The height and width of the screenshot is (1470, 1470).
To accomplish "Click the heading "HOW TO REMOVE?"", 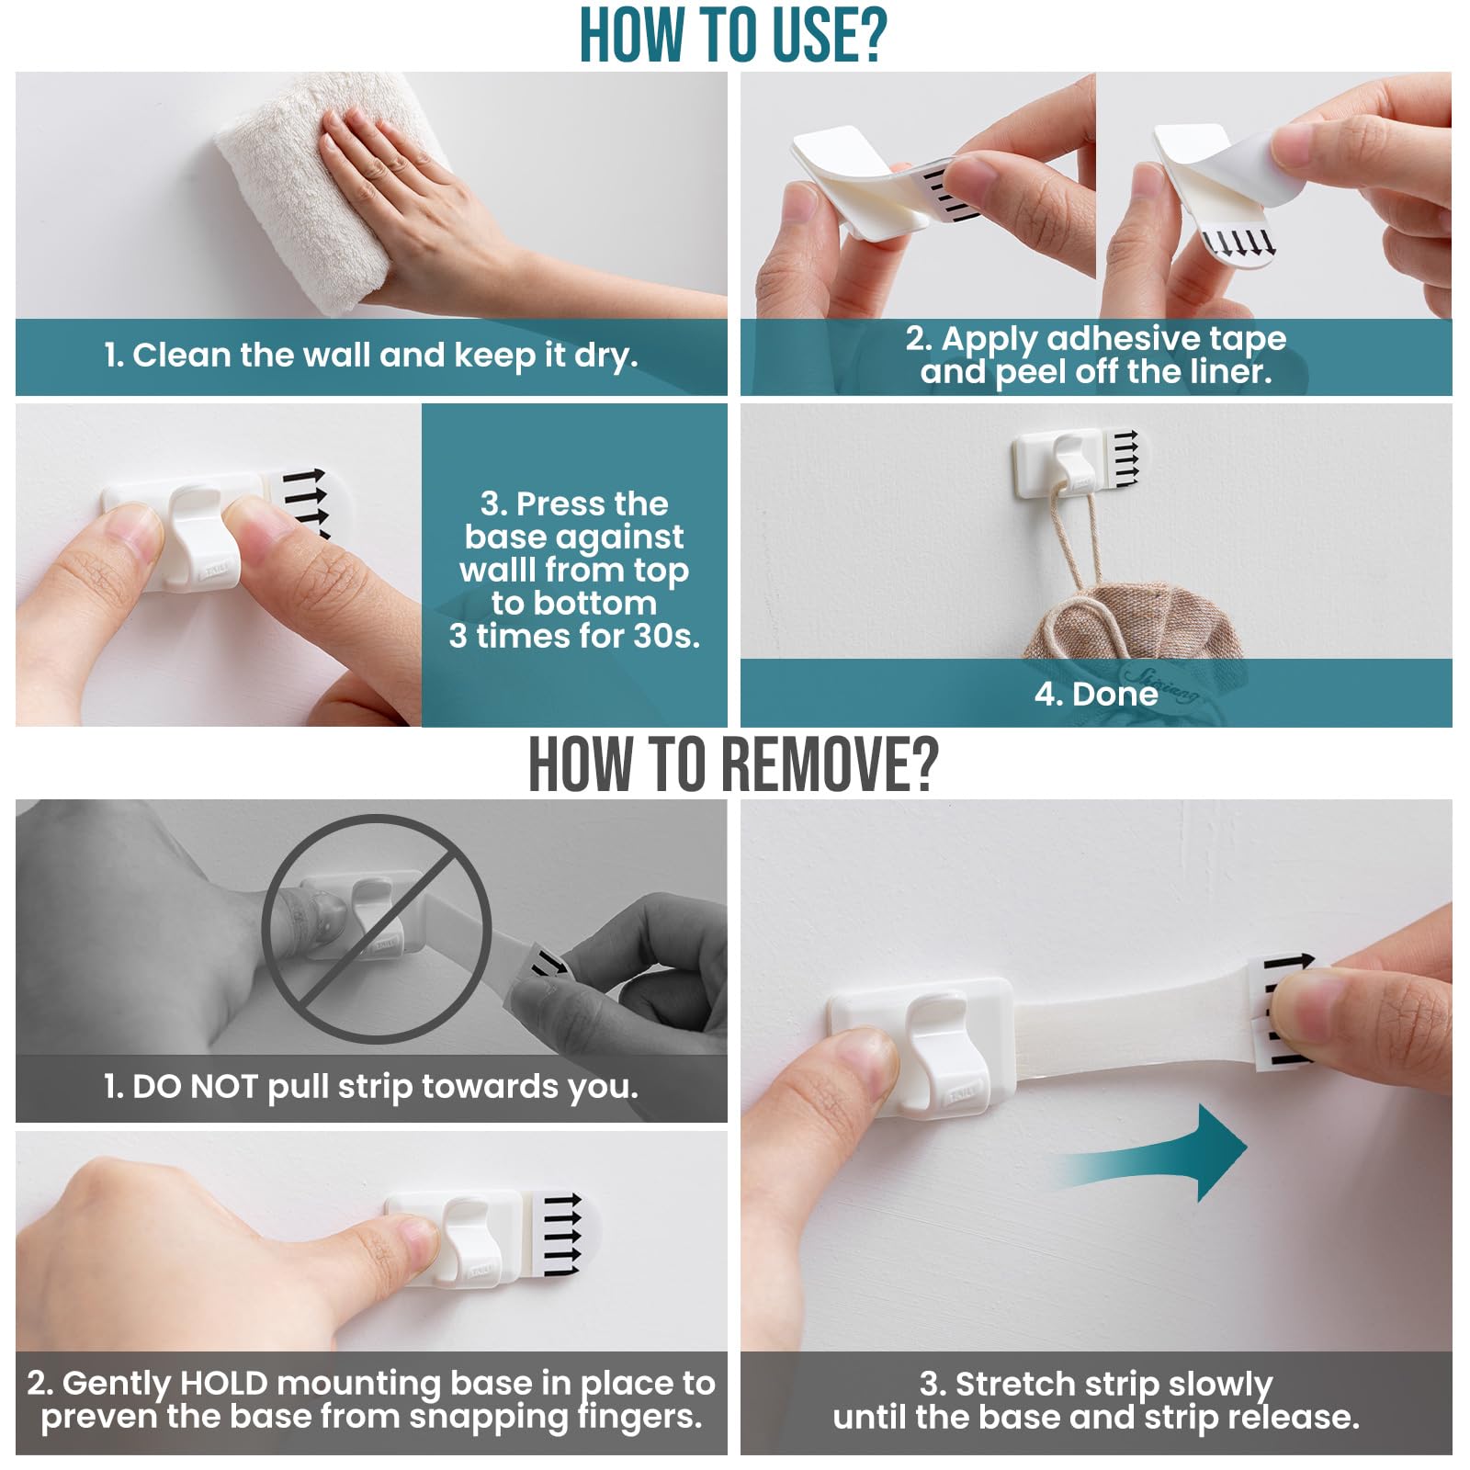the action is click(x=733, y=764).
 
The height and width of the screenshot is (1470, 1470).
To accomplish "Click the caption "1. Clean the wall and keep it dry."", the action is click(x=371, y=356).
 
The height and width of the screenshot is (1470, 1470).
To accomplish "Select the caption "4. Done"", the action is click(x=1096, y=694).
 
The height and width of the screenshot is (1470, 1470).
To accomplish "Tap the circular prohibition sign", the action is click(x=376, y=930).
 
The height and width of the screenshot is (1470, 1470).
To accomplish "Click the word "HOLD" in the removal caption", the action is click(x=223, y=1383).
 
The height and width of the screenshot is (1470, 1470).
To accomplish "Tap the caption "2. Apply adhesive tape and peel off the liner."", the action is click(x=1096, y=356).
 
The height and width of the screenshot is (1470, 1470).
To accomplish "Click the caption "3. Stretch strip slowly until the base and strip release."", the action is click(x=1096, y=1400).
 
